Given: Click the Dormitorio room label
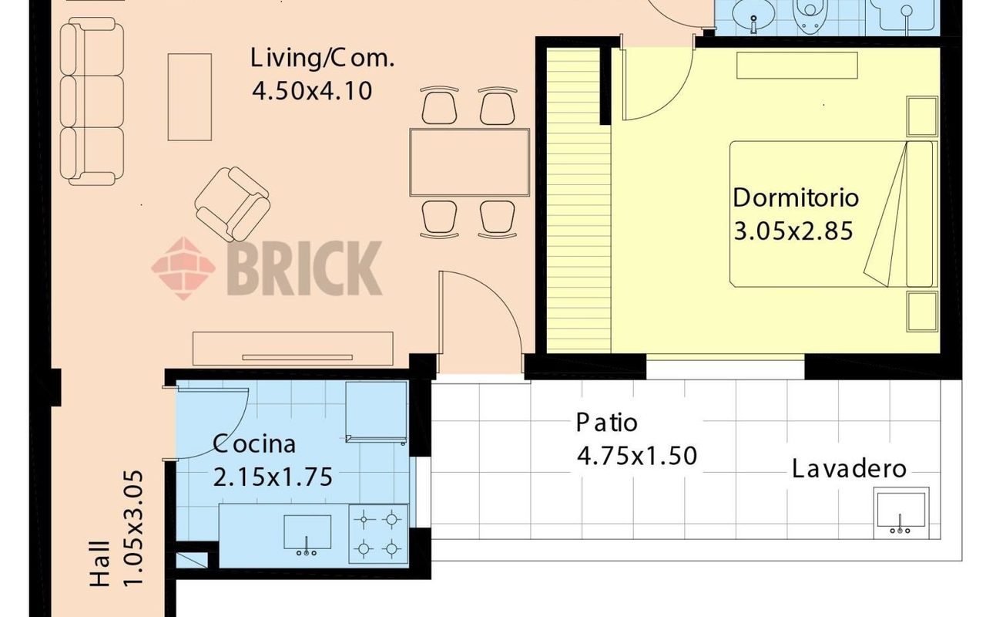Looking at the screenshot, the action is pos(796,198).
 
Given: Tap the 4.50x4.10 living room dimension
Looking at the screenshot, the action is pos(312,91).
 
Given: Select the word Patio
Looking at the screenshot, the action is pos(606,423).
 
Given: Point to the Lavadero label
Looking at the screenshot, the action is pos(849,468).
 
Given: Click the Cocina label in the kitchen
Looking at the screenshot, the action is pos(254,443).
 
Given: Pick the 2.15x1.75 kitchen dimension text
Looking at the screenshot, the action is pos(273,477).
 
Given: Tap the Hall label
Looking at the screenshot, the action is pos(100,564).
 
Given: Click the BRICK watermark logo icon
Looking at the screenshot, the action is pos(183,268).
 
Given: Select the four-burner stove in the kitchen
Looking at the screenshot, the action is pos(378,534).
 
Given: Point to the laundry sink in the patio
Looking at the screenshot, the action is pos(901,513).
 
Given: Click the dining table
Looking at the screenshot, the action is pos(469,162).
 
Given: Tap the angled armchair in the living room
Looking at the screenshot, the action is pos(233,204).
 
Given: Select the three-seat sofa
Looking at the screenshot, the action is pos(92,101).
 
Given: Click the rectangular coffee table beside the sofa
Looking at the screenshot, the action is pos(189,97).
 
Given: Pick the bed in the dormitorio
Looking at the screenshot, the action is pos(831,214).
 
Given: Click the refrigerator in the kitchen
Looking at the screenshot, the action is pos(377,413).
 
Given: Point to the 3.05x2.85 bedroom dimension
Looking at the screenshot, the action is pos(793,231).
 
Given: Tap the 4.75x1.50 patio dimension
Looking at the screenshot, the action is pos(637,456).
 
